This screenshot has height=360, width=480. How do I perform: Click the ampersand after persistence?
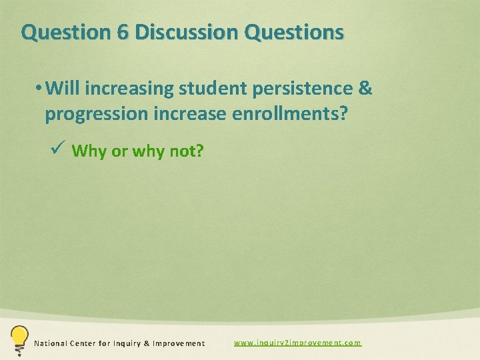point(365,88)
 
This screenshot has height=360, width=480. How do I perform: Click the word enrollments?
point(289,114)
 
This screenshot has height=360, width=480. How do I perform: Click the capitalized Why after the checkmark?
point(89,151)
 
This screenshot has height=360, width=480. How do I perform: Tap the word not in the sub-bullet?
point(188,151)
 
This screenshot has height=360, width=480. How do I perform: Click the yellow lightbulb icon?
point(19,339)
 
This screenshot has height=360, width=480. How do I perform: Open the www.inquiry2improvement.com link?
point(297,343)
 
